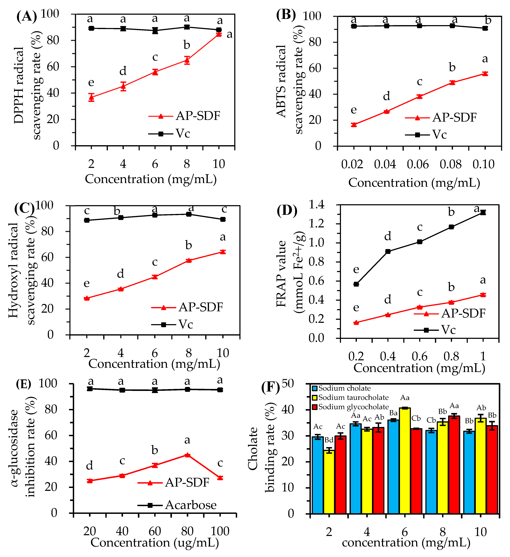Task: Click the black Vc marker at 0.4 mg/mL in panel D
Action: [x=388, y=251]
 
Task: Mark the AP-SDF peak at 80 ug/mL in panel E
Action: [x=188, y=455]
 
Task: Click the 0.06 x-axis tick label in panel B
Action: [x=418, y=164]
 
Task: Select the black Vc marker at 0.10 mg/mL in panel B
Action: [x=485, y=28]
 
